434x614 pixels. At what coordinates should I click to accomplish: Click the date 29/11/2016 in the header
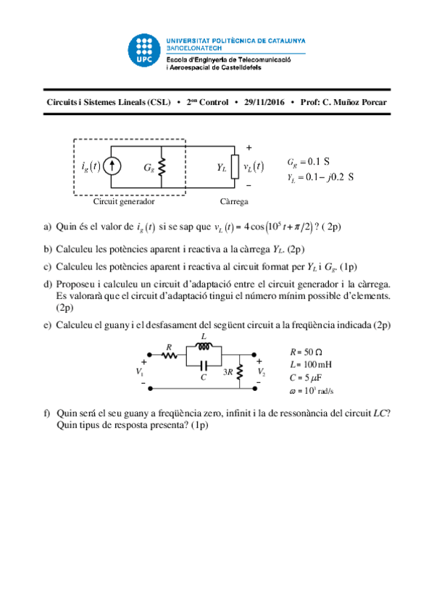[264, 103]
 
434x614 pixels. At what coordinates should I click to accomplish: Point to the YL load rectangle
[234, 167]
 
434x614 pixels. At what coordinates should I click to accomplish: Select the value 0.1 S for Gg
[319, 161]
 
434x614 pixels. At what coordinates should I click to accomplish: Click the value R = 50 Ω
[305, 351]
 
